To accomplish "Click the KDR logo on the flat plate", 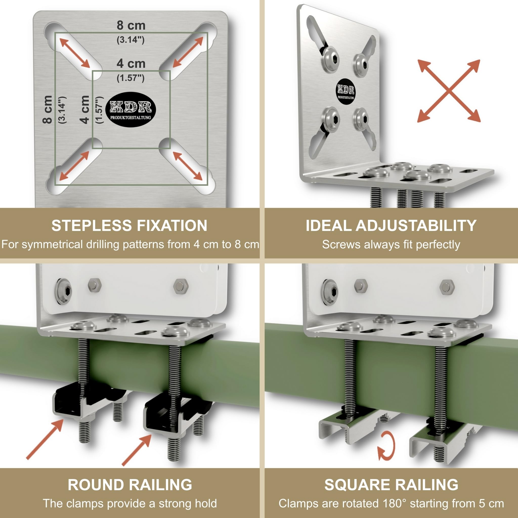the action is tap(133, 110).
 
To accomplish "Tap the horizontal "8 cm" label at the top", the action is tap(131, 26).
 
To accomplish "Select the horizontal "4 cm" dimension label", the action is tap(131, 63).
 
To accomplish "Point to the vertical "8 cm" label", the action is tap(48, 109).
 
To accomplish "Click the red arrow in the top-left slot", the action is tap(75, 53).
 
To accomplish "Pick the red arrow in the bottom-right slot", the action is tap(187, 166).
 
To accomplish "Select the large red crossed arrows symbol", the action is tap(449, 91).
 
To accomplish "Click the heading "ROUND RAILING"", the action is tap(130, 485).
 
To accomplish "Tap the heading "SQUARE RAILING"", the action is tap(391, 485).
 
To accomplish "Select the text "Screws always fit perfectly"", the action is tap(391, 245).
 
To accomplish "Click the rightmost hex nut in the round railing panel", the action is tap(181, 286).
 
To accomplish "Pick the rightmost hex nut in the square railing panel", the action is tap(447, 287).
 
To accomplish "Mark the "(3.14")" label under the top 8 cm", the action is tap(131, 40).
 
